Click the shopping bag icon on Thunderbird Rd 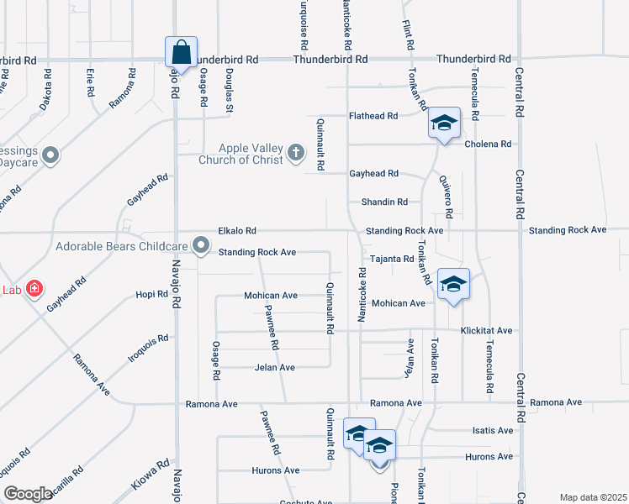click(x=182, y=52)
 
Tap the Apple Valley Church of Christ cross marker click(x=295, y=153)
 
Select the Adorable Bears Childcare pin click(x=201, y=245)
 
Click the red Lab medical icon click(x=34, y=290)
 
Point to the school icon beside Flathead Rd click(x=443, y=123)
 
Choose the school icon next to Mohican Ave click(x=453, y=286)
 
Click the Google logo click(x=28, y=494)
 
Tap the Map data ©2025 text click(x=593, y=497)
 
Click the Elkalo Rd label click(x=236, y=230)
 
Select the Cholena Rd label click(x=488, y=144)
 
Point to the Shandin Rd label click(x=384, y=202)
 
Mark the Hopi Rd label click(x=152, y=295)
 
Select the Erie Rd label click(x=90, y=81)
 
